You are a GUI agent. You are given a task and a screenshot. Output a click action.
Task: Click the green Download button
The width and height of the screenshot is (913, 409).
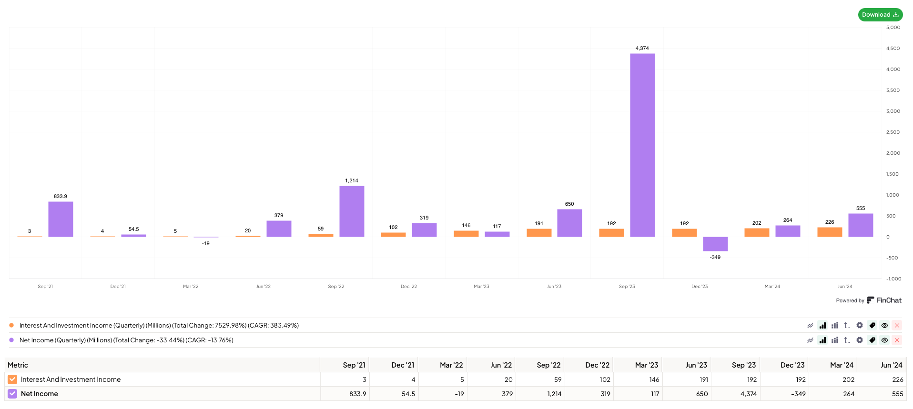click(x=880, y=15)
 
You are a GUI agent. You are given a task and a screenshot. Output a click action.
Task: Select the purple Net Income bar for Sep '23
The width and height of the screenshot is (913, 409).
click(x=642, y=145)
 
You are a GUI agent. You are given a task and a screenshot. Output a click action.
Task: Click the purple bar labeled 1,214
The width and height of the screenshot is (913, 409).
click(x=352, y=211)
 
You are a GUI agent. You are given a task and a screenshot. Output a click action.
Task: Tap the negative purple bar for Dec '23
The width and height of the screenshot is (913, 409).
click(x=715, y=244)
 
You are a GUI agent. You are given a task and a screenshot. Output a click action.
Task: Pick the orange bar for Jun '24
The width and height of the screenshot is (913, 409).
click(x=830, y=232)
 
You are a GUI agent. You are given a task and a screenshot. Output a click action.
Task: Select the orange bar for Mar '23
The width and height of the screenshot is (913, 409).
click(x=466, y=233)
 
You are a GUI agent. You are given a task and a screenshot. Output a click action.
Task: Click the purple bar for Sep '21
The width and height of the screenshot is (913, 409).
click(x=61, y=219)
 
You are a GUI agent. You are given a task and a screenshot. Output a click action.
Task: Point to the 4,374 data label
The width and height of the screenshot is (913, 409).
click(x=642, y=48)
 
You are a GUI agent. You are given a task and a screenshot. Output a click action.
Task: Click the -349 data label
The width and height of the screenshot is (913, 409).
click(x=715, y=257)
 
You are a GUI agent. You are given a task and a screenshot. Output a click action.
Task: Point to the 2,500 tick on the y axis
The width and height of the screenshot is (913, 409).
click(x=893, y=132)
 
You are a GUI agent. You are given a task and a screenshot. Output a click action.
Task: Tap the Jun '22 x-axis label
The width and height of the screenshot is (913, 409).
click(x=263, y=286)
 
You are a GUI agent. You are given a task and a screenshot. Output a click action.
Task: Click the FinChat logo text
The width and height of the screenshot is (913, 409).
click(x=889, y=300)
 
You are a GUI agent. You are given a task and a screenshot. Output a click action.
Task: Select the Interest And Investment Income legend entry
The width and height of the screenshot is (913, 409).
click(x=159, y=325)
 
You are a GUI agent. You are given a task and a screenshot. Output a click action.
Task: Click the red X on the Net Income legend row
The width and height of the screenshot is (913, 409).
click(x=897, y=340)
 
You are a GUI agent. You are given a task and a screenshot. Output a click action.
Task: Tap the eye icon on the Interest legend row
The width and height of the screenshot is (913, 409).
click(x=884, y=325)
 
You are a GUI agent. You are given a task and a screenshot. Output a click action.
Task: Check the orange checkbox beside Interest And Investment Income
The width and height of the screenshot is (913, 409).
click(x=12, y=379)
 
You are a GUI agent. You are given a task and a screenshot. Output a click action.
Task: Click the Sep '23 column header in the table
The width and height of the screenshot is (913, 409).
click(x=743, y=365)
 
